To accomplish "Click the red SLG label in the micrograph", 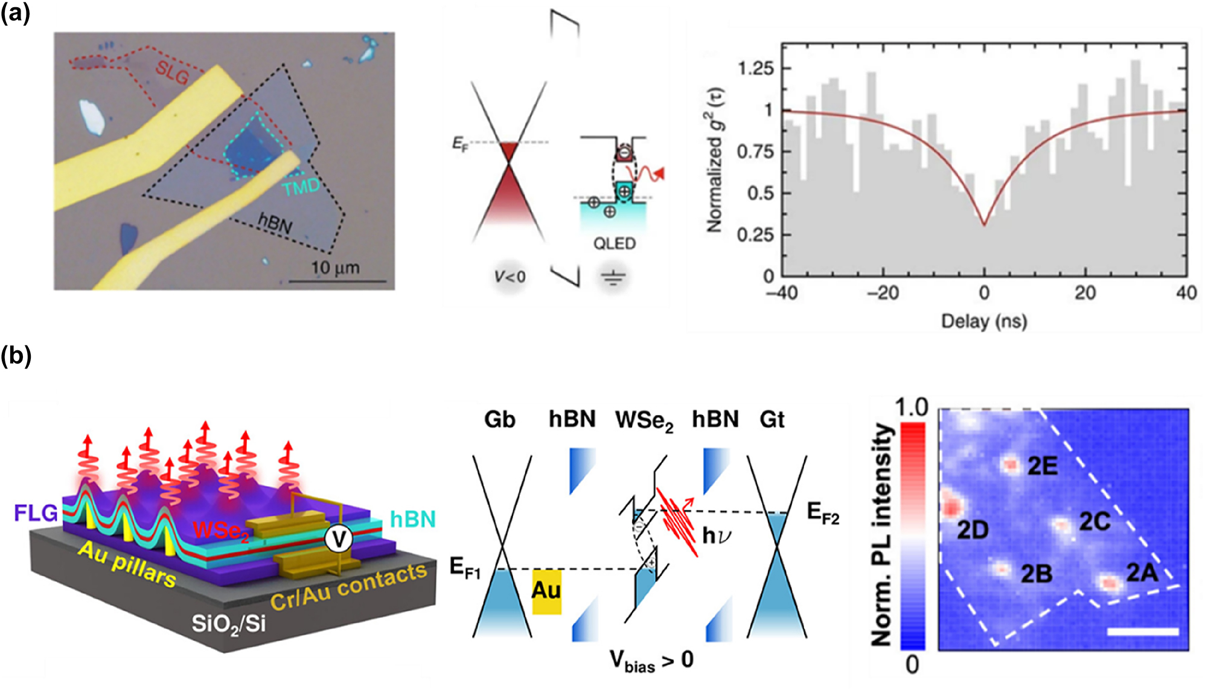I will pos(172,72).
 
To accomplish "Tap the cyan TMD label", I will pos(301,187).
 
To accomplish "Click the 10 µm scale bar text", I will pos(335,268).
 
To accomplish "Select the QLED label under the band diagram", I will pos(614,244).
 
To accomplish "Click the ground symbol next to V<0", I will pos(613,278).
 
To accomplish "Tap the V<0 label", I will pos(510,277).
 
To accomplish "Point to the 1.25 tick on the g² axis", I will pos(755,68).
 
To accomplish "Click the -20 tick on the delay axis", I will pos(883,293).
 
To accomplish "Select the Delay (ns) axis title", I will pos(983,321).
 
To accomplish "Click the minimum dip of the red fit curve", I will pos(984,224).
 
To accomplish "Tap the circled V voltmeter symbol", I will pos(339,539).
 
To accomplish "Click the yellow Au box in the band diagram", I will pos(546,591).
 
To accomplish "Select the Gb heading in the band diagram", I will pos(499,419).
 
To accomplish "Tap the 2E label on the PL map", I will pos(1042,466).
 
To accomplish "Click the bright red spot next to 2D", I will pos(951,506).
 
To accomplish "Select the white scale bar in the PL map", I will pos(1142,632).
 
